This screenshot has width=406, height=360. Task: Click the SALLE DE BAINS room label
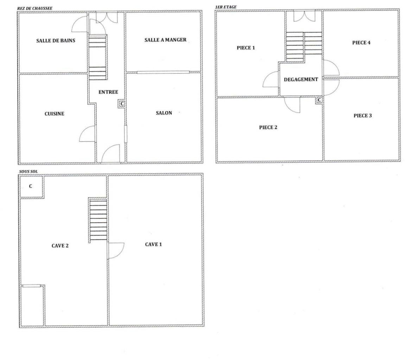point(56,41)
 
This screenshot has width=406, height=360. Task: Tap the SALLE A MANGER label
point(165,40)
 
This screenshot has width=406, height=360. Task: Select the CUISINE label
point(55,114)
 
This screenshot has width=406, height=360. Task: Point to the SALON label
point(164,113)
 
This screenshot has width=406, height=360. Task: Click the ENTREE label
point(108,92)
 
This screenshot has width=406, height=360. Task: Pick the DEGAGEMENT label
point(301,79)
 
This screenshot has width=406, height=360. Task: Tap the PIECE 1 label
point(246,47)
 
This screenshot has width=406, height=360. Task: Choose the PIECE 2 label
point(268,127)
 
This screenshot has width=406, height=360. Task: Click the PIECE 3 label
point(362,116)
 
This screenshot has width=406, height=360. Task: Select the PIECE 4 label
point(361,43)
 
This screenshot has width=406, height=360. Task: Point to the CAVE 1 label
point(153,244)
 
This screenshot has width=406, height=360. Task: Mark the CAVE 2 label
point(60,246)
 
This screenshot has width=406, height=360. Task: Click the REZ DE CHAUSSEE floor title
point(35,8)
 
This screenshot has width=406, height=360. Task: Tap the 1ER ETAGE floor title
point(226,7)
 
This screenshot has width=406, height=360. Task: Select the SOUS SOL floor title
point(28,172)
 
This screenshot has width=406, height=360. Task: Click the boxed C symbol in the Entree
point(122,104)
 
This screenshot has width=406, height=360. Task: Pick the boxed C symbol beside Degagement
point(319,100)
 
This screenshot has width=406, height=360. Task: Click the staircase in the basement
point(98,220)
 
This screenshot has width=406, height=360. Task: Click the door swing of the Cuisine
point(87,134)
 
